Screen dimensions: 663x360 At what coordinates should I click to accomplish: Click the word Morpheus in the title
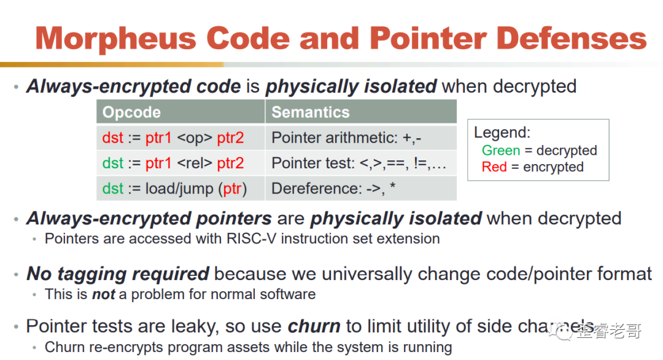tap(116, 39)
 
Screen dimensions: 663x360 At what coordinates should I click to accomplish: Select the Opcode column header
tap(131, 112)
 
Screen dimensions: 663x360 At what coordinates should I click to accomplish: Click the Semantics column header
tap(311, 112)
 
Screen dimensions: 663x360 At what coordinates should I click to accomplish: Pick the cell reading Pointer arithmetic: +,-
tap(346, 138)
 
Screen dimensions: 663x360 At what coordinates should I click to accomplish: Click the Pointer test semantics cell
tap(359, 163)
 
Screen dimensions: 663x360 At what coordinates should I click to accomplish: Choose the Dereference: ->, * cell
tap(333, 189)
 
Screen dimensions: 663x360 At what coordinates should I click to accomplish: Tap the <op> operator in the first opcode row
tap(195, 138)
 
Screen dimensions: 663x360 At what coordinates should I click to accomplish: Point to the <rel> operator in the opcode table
tap(195, 163)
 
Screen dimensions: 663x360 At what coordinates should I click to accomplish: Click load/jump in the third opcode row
tap(179, 189)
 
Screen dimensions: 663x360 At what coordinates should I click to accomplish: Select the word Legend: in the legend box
tap(502, 133)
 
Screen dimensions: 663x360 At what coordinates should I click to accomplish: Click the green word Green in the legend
tap(501, 150)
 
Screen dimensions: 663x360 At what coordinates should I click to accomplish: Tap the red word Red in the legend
tap(494, 166)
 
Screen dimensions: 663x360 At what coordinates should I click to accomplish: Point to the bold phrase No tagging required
tap(117, 274)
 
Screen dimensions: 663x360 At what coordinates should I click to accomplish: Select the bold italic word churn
tap(314, 326)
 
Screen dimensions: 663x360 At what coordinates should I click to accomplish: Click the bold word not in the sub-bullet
tap(104, 294)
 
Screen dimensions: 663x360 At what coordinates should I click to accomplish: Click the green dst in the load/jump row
tap(112, 189)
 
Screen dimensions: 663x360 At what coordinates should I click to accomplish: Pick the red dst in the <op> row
tap(112, 138)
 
